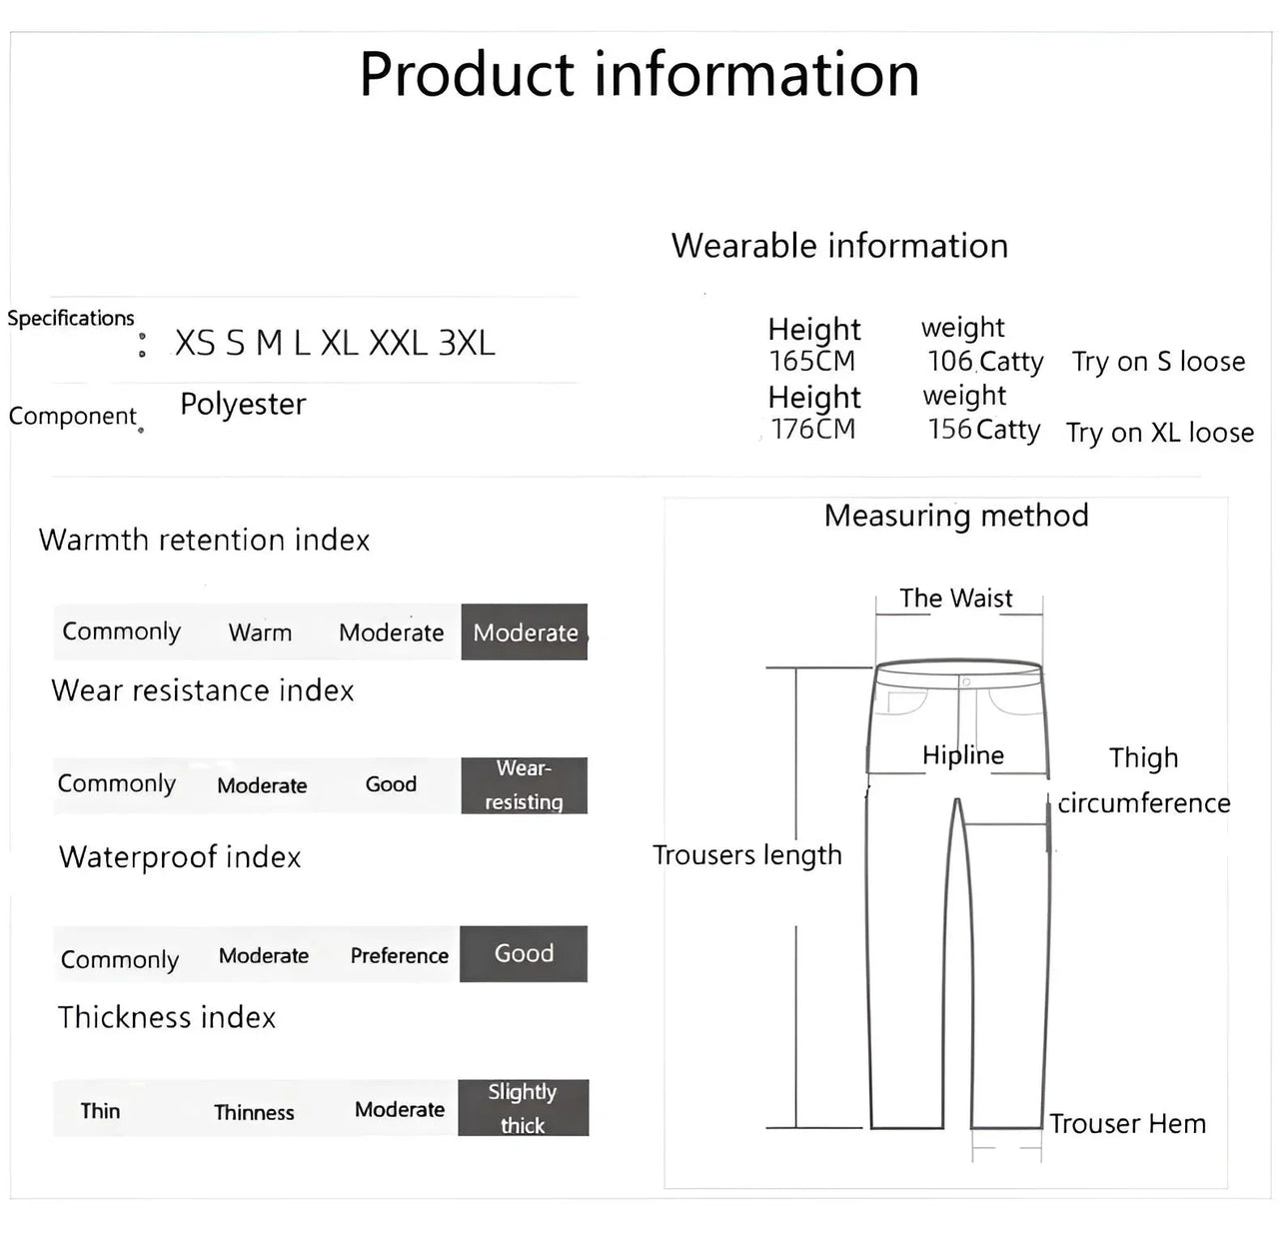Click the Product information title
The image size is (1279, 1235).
click(639, 75)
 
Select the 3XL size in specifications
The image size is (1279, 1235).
click(467, 343)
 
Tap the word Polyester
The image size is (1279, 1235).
click(243, 405)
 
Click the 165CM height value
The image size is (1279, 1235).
click(812, 361)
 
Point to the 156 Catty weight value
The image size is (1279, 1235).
click(984, 430)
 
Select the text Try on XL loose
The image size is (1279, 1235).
click(1159, 433)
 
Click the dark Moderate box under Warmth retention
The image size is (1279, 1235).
click(525, 632)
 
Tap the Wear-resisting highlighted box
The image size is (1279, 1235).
click(524, 785)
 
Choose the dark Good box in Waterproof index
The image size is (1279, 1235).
click(524, 954)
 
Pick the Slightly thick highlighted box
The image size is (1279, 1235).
click(523, 1108)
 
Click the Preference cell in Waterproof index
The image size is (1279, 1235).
click(399, 956)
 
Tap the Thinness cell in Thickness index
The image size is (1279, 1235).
click(254, 1112)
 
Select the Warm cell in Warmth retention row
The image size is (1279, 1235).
click(260, 632)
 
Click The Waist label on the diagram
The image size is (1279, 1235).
click(955, 599)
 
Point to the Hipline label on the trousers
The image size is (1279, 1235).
click(962, 755)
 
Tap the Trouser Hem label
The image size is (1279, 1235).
click(1127, 1124)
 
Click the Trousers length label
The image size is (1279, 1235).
click(746, 855)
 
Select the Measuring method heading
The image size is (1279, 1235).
click(956, 516)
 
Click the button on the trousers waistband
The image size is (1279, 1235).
click(965, 681)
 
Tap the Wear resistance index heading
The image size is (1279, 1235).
click(203, 690)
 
